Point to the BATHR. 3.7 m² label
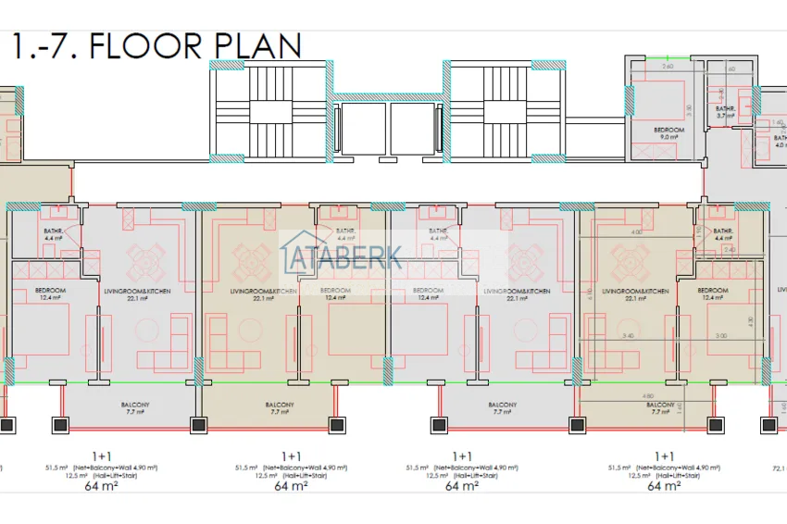coord(725,112)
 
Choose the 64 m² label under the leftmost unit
coord(105,485)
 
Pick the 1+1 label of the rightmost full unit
coord(664,455)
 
